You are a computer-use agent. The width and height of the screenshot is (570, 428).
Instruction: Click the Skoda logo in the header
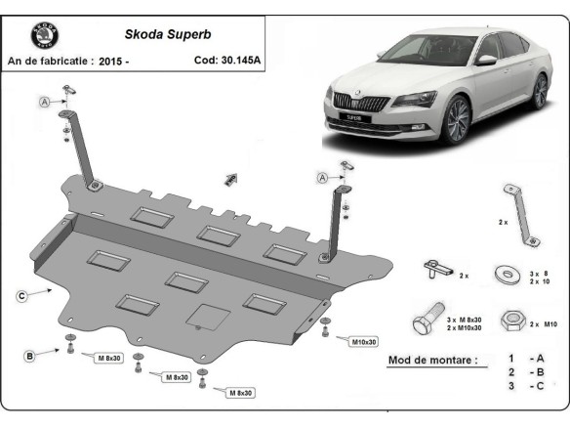45,36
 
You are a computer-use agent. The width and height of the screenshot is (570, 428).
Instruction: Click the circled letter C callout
20,293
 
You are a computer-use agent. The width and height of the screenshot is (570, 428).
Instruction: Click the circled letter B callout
30,357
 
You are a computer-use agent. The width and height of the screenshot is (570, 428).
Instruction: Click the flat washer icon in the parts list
509,273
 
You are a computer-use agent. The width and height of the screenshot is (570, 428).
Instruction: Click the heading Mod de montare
433,361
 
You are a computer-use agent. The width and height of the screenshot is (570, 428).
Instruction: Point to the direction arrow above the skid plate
232,178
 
